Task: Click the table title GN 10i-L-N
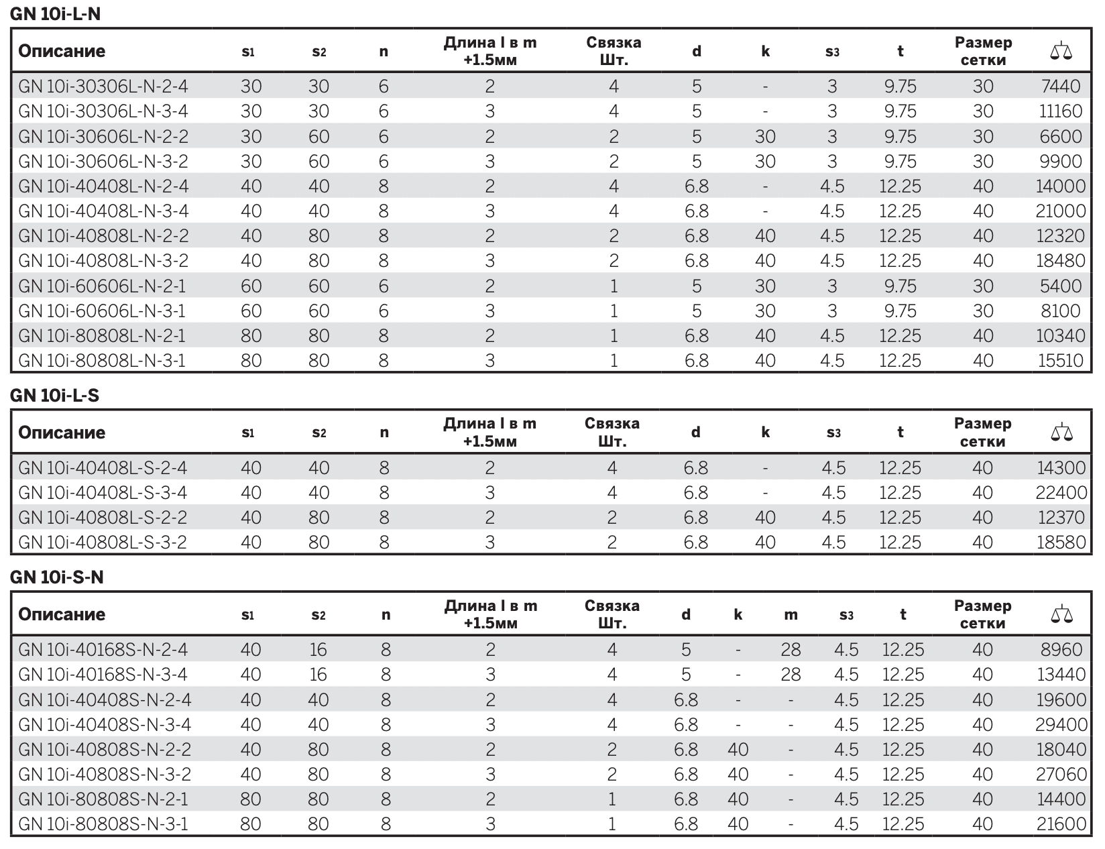click(55, 13)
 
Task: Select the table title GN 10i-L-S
click(54, 395)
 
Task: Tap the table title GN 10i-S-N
click(56, 577)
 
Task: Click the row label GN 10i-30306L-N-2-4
click(103, 86)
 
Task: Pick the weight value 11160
click(1060, 111)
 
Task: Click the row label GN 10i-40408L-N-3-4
click(103, 211)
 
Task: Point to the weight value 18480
click(1061, 260)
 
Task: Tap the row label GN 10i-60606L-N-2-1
click(102, 286)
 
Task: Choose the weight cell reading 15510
click(1061, 360)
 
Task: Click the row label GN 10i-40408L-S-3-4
click(103, 492)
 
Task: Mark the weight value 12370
click(1061, 517)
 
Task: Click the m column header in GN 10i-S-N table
click(791, 615)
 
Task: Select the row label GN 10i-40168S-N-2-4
click(103, 649)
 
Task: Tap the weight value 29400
click(1061, 724)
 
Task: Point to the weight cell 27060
click(1061, 774)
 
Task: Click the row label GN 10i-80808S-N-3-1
click(103, 824)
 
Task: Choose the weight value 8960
click(1061, 649)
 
